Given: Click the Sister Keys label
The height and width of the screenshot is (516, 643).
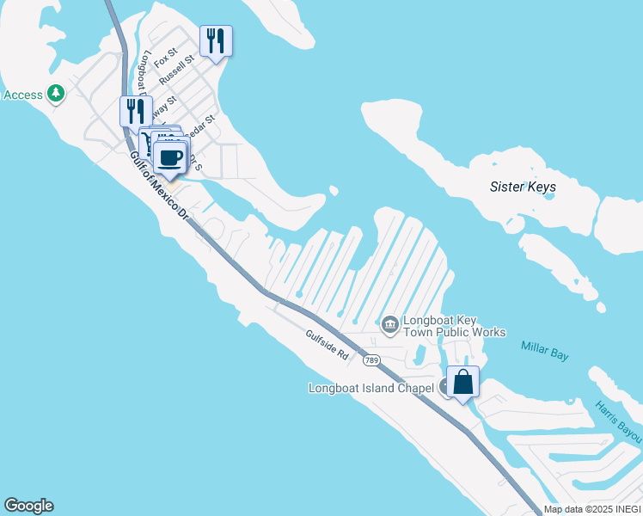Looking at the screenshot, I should point(523,187).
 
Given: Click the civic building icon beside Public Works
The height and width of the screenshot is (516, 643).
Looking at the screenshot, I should point(389,324).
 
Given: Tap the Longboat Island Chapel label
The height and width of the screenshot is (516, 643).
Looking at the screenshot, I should point(371,388).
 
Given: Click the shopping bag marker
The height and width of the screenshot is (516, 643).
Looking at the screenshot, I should point(462,382).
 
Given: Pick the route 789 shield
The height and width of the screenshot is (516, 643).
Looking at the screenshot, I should point(371,359).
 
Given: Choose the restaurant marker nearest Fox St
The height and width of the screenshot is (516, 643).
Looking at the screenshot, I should point(216,40).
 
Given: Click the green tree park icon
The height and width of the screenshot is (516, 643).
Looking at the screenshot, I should point(57,93).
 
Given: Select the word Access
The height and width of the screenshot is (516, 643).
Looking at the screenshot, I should point(23,95).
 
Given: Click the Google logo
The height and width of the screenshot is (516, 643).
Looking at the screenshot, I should point(28,506).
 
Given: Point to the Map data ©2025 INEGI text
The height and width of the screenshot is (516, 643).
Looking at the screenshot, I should point(591,509).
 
